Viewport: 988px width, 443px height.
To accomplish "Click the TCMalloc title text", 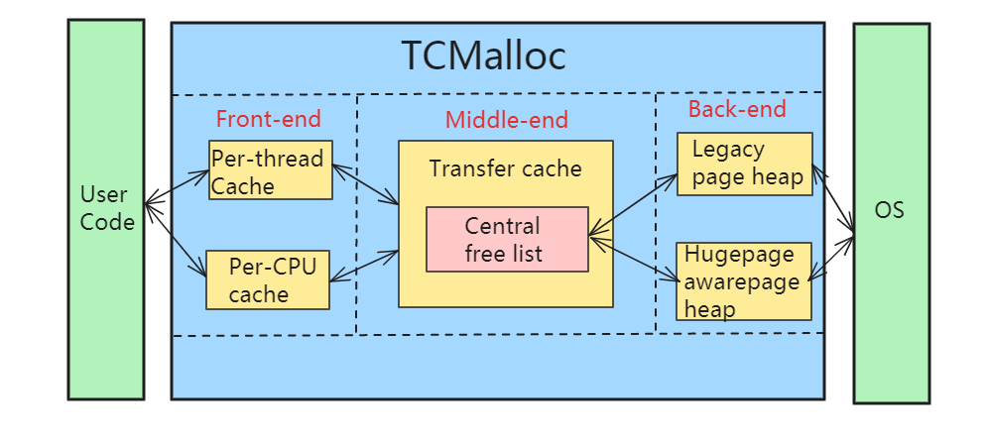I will (483, 55).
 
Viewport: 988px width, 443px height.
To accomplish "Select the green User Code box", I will (106, 208).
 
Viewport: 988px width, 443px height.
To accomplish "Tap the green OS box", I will (891, 212).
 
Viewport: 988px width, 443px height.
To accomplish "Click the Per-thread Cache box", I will (270, 170).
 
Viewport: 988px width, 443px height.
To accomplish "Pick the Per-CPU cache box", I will (267, 279).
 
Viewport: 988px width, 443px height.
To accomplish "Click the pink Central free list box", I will (507, 239).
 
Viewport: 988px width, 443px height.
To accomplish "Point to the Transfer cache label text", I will (505, 168).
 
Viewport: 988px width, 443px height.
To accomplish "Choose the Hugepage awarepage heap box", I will (745, 281).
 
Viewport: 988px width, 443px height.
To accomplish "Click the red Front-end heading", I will (268, 119).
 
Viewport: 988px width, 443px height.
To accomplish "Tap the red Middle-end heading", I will (506, 121).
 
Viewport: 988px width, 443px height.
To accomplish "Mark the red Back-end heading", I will (736, 109).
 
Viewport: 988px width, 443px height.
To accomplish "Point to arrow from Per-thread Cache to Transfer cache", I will (365, 184).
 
